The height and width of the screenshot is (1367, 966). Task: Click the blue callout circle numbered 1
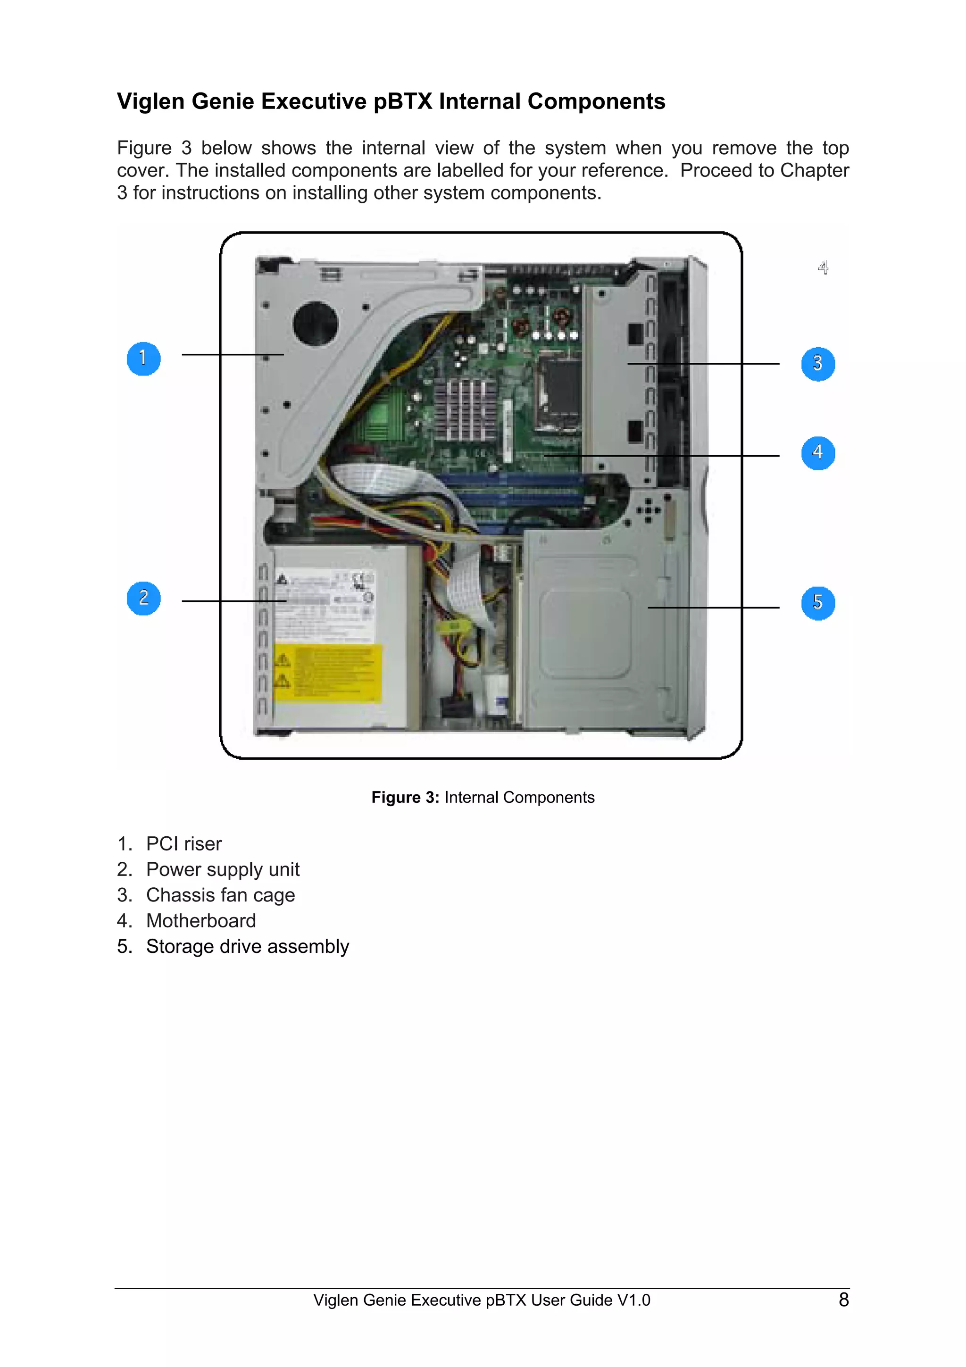143,358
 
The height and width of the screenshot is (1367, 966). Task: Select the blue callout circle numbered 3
818,364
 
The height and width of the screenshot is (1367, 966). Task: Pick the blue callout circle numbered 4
818,453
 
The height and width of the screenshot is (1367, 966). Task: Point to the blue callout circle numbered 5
818,603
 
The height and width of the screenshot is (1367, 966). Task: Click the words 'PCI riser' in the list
184,844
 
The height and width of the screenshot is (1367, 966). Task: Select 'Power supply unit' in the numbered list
223,869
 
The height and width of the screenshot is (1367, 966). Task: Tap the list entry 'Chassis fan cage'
220,895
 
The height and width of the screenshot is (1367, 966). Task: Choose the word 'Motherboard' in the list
201,920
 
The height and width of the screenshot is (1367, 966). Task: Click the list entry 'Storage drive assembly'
248,946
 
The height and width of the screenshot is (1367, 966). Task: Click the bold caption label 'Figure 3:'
405,797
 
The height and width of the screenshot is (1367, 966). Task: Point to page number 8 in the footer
843,1300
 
